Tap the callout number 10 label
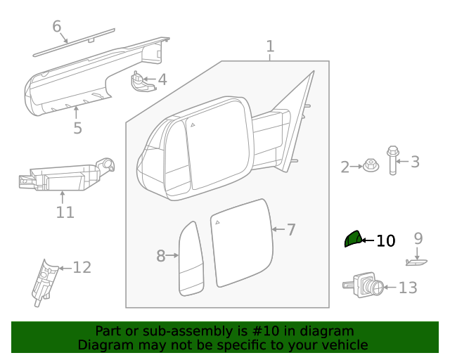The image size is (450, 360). point(385,241)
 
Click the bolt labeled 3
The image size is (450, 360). point(392,160)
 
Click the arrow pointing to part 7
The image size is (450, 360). point(277,229)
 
